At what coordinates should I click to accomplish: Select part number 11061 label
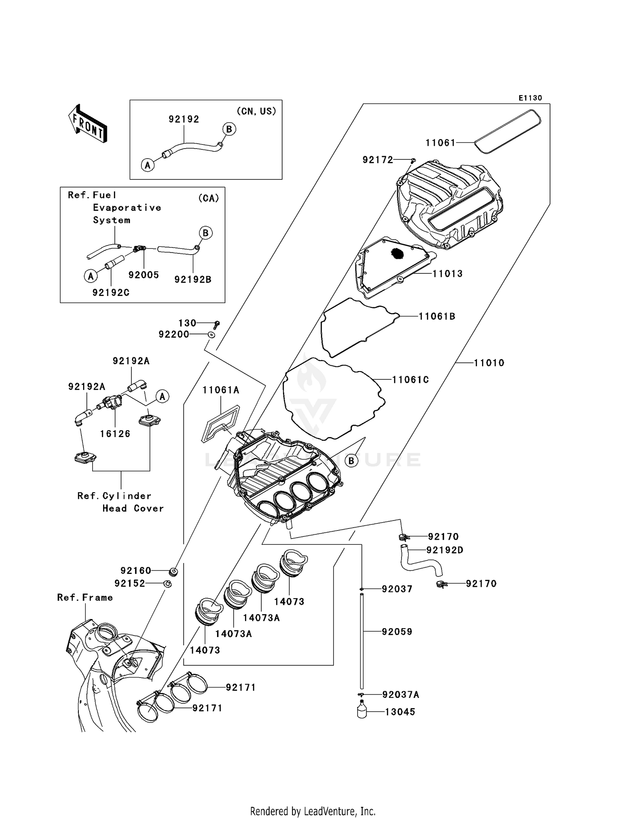pos(440,143)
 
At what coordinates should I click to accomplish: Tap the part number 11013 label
pos(447,274)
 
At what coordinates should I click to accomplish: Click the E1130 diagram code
pos(530,98)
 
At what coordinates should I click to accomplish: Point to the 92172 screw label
pos(378,160)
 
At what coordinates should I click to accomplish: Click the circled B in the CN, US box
pos(229,129)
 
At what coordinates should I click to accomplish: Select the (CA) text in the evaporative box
pos(208,198)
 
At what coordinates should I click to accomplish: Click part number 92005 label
pos(144,275)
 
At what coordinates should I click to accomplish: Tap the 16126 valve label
pos(115,434)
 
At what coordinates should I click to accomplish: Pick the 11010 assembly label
pos(489,363)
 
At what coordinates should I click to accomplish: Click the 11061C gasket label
pos(410,380)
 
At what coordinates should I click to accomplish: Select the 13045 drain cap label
pos(400,712)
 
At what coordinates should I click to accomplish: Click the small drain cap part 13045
pos(362,710)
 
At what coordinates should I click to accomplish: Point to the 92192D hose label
pos(445,550)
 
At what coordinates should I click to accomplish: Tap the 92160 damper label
pos(136,570)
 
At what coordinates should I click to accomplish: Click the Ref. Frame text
pos(85,597)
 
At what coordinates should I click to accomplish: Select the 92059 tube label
pos(397,632)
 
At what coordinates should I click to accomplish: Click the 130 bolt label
pos(187,323)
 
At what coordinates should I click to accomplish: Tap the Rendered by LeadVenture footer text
pos(313,811)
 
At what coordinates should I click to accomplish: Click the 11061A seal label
pos(221,390)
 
